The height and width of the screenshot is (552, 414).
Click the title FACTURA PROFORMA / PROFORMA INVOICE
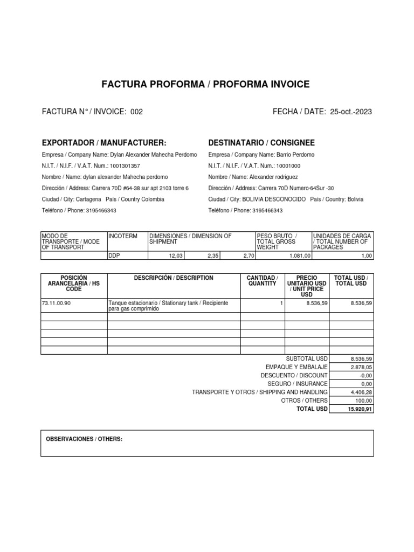[206, 85]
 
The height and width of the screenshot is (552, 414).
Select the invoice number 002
[137, 112]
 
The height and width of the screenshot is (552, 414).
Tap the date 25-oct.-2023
[350, 112]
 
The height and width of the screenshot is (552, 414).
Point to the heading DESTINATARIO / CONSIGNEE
[261, 143]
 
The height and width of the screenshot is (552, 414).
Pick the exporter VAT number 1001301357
[125, 166]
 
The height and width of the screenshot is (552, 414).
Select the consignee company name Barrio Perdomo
[295, 155]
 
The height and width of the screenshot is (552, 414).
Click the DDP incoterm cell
[114, 256]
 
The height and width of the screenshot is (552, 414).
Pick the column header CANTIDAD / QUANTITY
[262, 280]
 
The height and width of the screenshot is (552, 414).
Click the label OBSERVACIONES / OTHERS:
[85, 439]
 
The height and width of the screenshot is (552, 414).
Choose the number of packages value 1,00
[367, 256]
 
